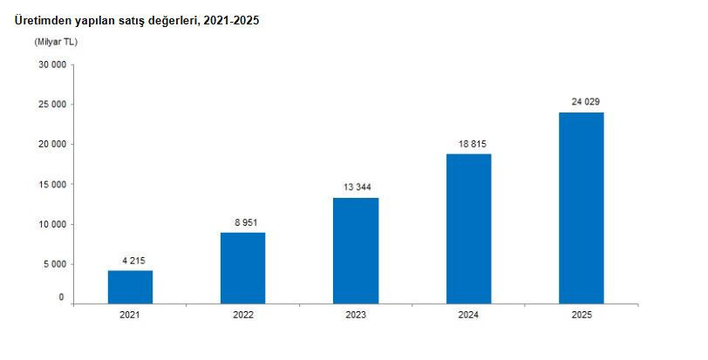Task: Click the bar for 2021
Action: (130, 287)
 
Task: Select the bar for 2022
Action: (243, 268)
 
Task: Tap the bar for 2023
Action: (356, 250)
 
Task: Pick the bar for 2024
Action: (469, 228)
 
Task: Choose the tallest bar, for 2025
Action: (581, 208)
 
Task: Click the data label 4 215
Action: (133, 261)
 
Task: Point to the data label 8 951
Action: (246, 223)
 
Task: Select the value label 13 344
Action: (357, 187)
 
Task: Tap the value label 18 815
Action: (473, 145)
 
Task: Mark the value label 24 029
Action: (586, 102)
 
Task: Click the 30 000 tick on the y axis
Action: (52, 65)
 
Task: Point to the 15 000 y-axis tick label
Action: (52, 185)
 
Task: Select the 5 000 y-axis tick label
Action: (55, 264)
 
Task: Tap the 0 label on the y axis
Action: (62, 298)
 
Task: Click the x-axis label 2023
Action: (356, 315)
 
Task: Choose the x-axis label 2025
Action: (582, 315)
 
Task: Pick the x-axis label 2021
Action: (130, 315)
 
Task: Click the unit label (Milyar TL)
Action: (56, 42)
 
